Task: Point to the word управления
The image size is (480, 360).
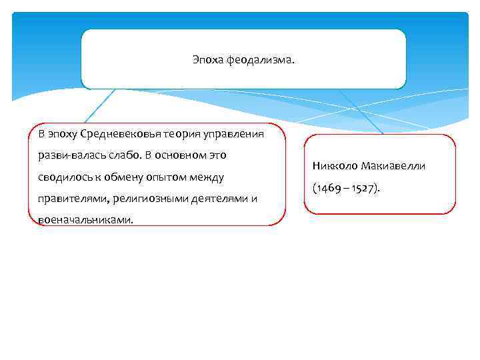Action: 230,134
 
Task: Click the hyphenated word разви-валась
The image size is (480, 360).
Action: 67,155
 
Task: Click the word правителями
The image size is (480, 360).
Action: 69,198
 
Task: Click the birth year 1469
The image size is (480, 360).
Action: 327,188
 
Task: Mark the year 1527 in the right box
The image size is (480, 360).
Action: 363,188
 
